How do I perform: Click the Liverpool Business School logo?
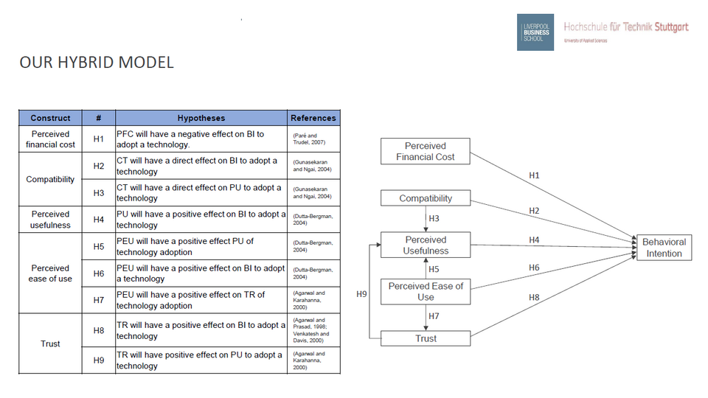(x=535, y=32)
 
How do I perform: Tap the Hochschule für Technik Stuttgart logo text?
(x=625, y=27)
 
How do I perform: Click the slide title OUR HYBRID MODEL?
(x=97, y=63)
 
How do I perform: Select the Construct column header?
(x=50, y=118)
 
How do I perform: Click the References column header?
(x=313, y=118)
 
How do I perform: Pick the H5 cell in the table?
(x=99, y=246)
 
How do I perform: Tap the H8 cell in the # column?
(x=99, y=330)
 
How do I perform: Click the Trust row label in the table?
(x=50, y=343)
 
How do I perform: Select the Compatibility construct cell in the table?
(x=50, y=179)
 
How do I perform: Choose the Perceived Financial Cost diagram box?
(x=426, y=151)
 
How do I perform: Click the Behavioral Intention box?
(x=664, y=248)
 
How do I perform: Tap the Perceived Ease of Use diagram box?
(x=426, y=291)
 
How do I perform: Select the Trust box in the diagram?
(x=426, y=339)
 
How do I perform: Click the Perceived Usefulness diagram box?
(x=426, y=245)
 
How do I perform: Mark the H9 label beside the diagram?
(x=361, y=294)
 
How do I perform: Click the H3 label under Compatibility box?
(x=434, y=218)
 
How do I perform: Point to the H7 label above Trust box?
(x=434, y=316)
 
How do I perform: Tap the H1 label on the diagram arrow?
(x=535, y=175)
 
